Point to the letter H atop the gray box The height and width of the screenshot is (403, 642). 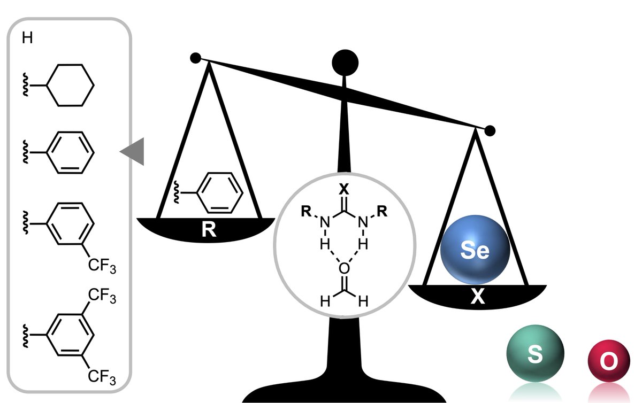[26, 40]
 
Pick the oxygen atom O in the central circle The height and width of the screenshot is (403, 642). [344, 266]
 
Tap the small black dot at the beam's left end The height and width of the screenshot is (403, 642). [195, 57]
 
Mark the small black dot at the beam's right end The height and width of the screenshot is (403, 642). [490, 130]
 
